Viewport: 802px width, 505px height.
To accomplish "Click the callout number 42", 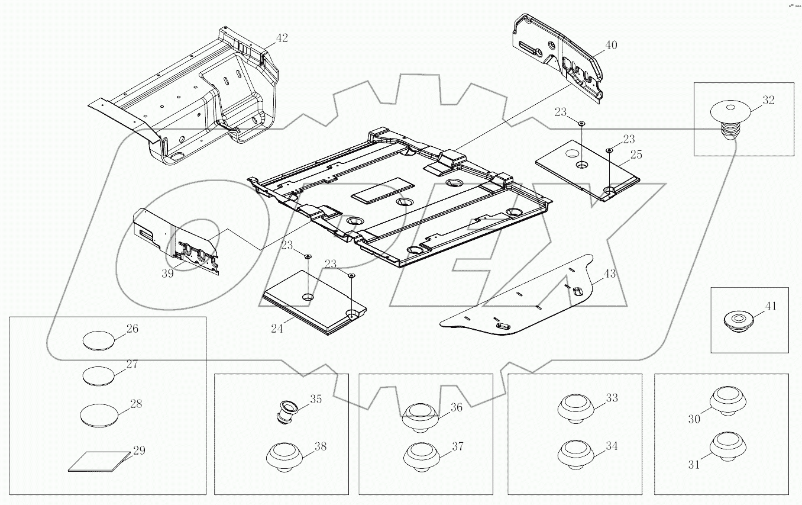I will (282, 38).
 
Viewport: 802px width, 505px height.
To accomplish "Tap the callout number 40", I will (611, 46).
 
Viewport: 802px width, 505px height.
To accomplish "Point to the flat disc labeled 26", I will (98, 340).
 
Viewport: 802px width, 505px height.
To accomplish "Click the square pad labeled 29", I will (98, 461).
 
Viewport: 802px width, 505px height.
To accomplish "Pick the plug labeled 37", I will (421, 456).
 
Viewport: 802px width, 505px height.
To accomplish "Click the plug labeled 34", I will (575, 454).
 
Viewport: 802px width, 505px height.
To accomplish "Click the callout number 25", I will (636, 156).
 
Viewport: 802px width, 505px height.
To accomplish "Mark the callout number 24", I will (276, 329).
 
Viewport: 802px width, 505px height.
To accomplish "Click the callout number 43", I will (609, 274).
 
